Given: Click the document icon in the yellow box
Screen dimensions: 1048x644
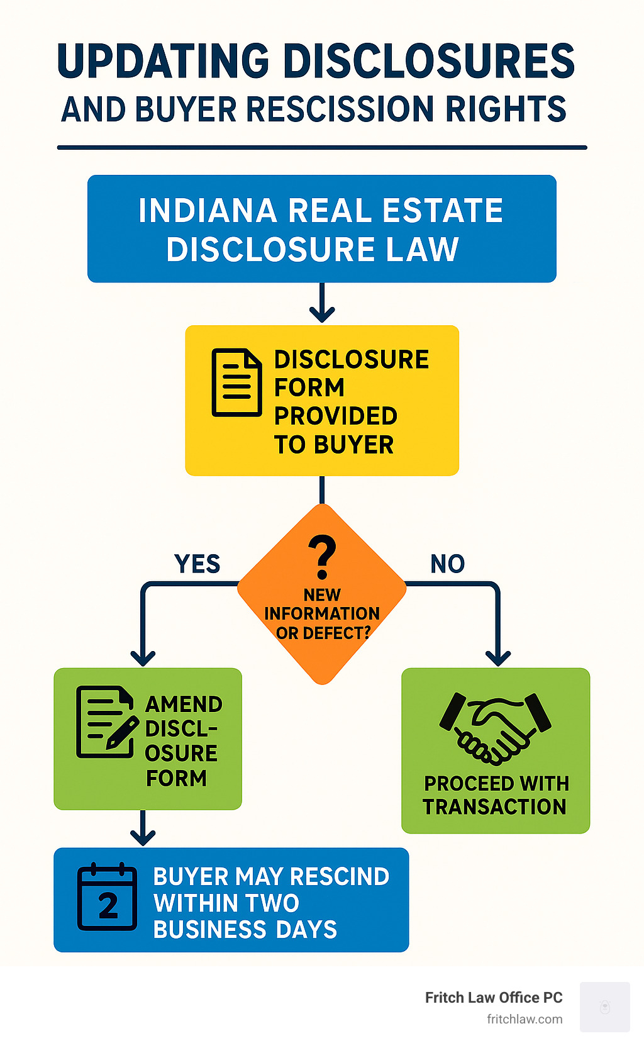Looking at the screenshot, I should pos(236,382).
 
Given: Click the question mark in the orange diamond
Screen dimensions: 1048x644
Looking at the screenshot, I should pos(322,556).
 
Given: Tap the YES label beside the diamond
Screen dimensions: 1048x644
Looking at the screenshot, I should pos(197,564).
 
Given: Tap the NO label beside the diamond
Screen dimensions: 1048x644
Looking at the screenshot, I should pos(447,564).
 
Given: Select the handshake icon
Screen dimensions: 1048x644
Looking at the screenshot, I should pos(496,728).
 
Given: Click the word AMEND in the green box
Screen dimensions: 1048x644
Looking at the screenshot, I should pos(184,704).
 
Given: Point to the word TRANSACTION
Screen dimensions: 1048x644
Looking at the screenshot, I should pos(494,806).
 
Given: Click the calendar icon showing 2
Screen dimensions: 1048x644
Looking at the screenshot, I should pos(107,897).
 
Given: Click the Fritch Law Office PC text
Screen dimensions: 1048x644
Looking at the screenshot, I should pos(494,998).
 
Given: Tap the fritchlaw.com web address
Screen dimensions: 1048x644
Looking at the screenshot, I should pos(525,1019).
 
